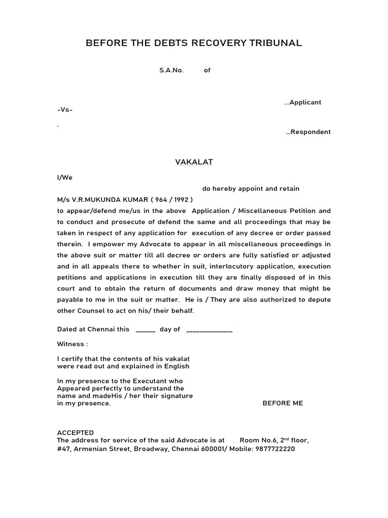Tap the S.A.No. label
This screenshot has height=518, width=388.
[171, 70]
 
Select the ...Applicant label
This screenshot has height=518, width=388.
[303, 102]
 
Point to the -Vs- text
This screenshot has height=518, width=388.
[65, 110]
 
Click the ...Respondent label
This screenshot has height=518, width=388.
[308, 132]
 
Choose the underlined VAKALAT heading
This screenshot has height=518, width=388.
[194, 162]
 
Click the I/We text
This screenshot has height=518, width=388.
[65, 178]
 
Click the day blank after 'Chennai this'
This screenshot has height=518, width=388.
[145, 329]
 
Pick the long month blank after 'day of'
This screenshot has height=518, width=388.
[209, 329]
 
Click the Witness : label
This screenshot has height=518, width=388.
[72, 344]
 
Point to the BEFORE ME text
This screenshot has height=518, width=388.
[282, 403]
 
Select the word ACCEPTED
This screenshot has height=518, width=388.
[75, 433]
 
